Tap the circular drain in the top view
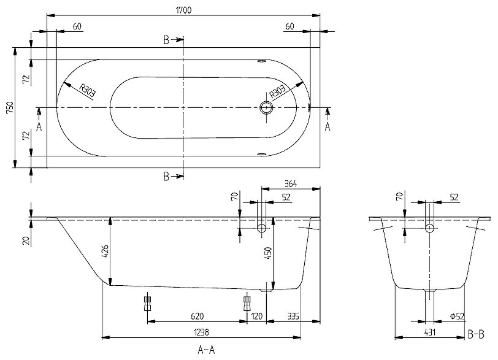pyautogui.click(x=267, y=108)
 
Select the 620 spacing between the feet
pyautogui.click(x=197, y=316)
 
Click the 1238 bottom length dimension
pyautogui.click(x=201, y=331)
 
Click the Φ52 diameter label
pyautogui.click(x=456, y=316)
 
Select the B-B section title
pyautogui.click(x=476, y=334)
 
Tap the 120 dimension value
pyautogui.click(x=256, y=316)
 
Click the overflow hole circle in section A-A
pyautogui.click(x=262, y=228)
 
